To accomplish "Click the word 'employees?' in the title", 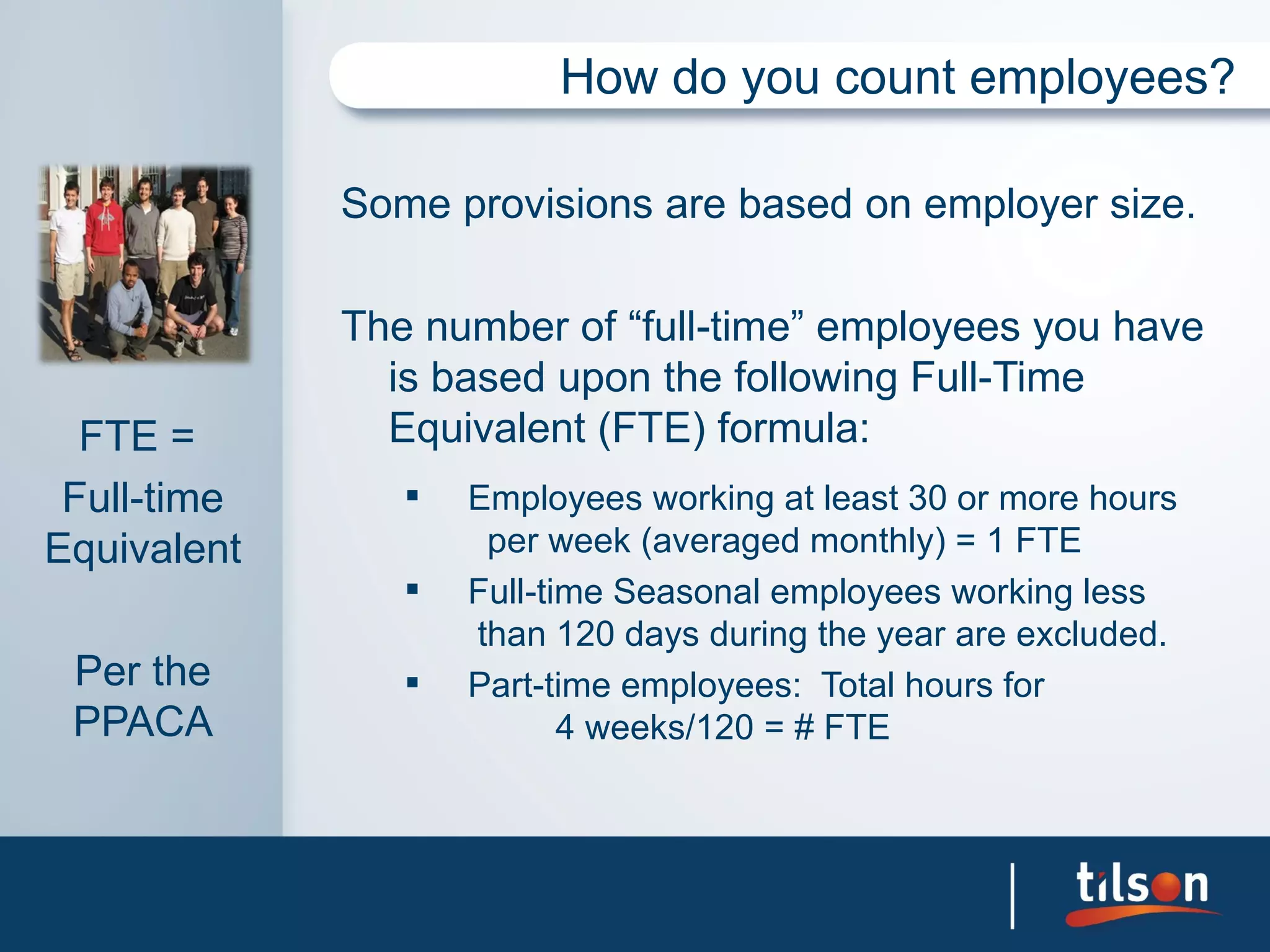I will (1101, 78).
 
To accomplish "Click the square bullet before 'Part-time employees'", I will (412, 682).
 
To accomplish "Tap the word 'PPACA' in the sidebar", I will (143, 722).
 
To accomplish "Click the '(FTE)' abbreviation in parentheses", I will (651, 428).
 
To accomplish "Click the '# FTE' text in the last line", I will (841, 728).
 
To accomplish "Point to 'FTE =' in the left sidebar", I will (137, 436).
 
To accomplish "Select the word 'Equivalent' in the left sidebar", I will (143, 549).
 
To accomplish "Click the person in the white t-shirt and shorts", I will (68, 248).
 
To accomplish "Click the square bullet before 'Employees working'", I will (412, 495).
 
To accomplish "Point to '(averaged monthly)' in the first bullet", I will (793, 541).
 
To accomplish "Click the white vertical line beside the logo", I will (1013, 896).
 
